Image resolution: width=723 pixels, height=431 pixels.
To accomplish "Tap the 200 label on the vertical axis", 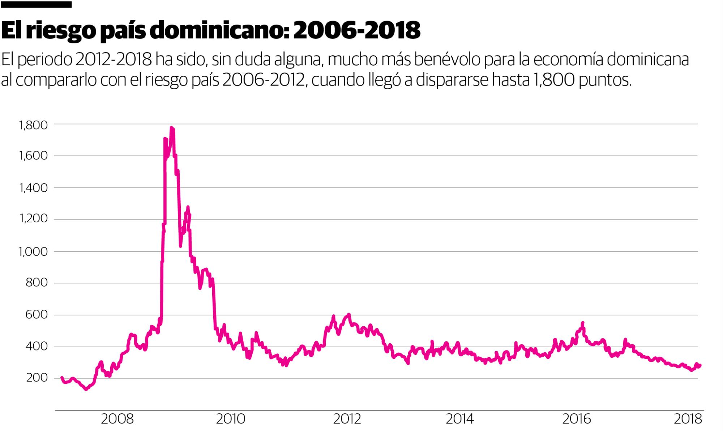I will [37, 378].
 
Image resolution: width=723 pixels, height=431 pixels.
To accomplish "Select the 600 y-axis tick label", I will [37, 315].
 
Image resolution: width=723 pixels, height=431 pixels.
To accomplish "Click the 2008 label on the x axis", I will [117, 419].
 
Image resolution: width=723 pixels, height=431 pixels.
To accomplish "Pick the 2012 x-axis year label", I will [347, 419].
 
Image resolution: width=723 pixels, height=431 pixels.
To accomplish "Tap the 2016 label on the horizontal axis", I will [577, 419].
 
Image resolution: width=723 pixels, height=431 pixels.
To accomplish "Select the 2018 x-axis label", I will [688, 419].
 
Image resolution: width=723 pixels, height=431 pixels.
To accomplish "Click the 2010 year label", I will [231, 419].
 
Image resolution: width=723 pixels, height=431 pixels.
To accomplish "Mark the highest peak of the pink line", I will [171, 128].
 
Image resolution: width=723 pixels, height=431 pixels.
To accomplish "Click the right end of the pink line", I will [700, 365].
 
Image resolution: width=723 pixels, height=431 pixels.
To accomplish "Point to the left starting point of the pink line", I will [61, 377].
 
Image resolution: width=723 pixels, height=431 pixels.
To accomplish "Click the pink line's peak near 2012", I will [348, 314].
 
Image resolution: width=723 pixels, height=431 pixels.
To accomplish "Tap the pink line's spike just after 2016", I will [582, 323].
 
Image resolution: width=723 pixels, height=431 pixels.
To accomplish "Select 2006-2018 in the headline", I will [356, 31].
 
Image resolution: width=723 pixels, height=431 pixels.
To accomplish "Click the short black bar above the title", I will [36, 5].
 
